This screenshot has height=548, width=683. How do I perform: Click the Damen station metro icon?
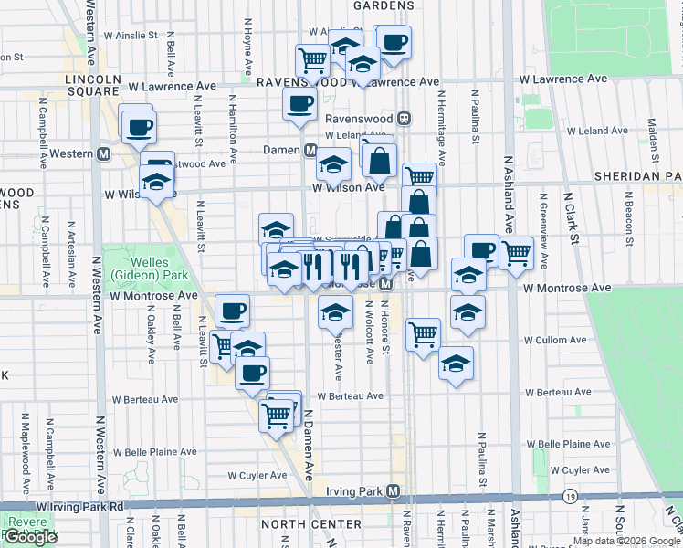[x=310, y=150]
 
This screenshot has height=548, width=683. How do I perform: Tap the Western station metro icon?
[x=104, y=153]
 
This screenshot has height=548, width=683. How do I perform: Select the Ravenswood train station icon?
[x=405, y=119]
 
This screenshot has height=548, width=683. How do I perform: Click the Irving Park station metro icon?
[x=393, y=491]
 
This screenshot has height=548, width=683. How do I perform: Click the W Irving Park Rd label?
[x=79, y=505]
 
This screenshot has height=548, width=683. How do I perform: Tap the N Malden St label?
[x=652, y=134]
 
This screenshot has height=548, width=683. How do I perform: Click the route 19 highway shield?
[x=570, y=496]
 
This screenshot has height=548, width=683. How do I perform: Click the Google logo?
[x=30, y=536]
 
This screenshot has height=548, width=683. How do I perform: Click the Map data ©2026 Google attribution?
[x=626, y=541]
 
